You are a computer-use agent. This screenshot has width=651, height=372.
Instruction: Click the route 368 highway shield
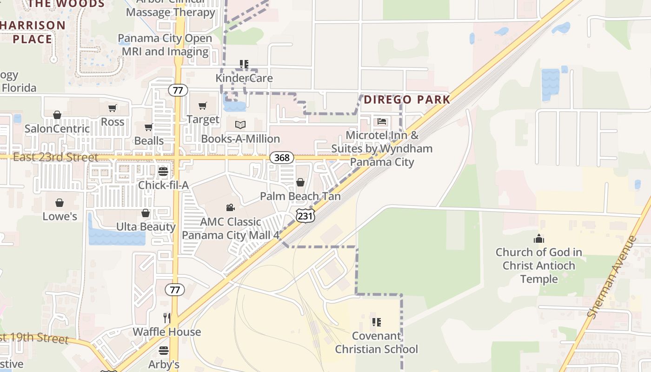pos(282,158)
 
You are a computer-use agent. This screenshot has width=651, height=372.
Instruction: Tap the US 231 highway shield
pos(305,215)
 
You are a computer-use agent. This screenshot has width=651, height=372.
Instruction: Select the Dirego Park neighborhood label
pos(407,100)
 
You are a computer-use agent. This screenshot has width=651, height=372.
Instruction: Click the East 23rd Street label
pos(55,157)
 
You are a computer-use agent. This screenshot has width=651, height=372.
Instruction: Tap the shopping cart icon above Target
pos(203,106)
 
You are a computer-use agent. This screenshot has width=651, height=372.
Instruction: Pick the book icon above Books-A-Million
pos(240,125)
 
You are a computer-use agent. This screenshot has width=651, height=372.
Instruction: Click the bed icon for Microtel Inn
pos(382,122)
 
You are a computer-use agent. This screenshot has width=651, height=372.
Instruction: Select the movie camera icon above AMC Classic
pos(230,207)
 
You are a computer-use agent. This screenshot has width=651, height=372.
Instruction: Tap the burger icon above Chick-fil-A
pos(163,172)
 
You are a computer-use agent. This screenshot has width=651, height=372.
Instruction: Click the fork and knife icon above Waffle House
pos(167,318)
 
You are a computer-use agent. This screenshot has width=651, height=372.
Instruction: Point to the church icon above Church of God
pos(538,239)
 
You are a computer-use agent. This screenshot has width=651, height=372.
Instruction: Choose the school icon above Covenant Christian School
pos(376,322)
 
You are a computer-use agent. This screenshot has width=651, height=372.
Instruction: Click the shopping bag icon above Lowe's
pos(60,203)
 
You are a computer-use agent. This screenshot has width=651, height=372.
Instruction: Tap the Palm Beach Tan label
pos(300,196)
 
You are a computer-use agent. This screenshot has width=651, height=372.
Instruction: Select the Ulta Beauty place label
pos(146,227)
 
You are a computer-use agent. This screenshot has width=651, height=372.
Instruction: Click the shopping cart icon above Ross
pos(112,108)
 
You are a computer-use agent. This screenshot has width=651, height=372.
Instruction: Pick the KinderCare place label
pos(244,78)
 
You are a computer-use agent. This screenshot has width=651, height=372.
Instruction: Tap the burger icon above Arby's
pos(164,350)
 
